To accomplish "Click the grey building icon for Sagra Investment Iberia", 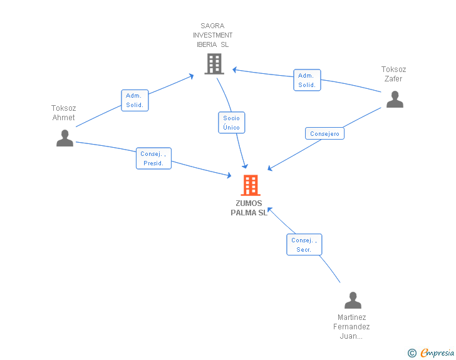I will [214, 63].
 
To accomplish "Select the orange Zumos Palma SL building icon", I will [251, 185].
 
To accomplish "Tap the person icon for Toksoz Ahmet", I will [65, 138].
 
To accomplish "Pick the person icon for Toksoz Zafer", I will [395, 99].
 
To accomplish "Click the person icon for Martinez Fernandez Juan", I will [353, 301].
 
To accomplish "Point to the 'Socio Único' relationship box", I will [231, 123].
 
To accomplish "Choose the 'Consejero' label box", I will [324, 133].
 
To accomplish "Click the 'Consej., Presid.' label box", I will [153, 158].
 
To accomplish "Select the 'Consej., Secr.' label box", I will [304, 245].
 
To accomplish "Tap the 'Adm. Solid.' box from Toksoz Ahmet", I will [135, 100].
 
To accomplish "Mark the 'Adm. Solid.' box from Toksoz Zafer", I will [307, 80].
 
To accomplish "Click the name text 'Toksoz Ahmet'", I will [63, 113].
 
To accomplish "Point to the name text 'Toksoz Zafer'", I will [393, 74].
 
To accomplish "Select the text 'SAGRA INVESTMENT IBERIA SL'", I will [212, 35].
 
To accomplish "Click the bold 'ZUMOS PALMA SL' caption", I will [249, 208].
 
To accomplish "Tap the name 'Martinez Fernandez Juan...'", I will [353, 327].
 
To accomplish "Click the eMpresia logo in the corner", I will [437, 353].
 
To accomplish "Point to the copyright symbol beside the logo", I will [412, 353].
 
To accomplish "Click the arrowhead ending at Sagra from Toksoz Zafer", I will [234, 69].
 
